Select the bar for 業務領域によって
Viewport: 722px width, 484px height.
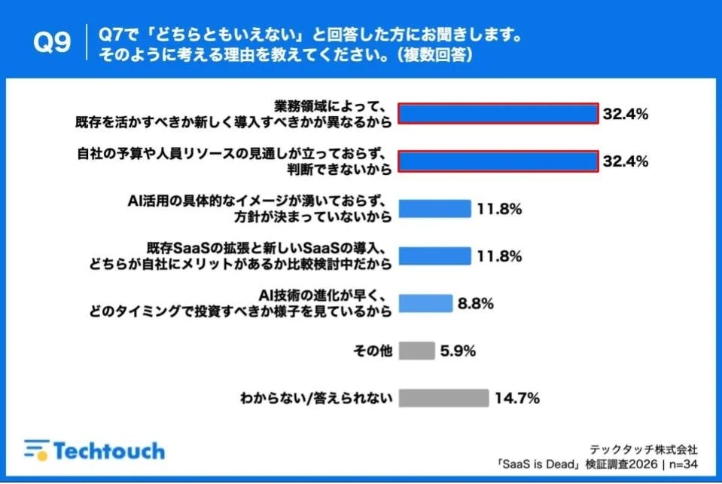pos(498,113)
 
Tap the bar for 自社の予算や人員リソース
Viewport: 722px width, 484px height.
pos(498,161)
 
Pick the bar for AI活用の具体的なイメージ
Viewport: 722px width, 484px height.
pos(434,209)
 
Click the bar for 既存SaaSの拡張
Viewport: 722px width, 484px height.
pos(434,256)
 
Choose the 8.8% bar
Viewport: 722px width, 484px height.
pos(425,304)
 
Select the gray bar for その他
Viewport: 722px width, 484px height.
pos(416,351)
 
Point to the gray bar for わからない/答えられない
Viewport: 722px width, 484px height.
pos(443,398)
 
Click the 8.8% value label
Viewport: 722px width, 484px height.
pos(474,304)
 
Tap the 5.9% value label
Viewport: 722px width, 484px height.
pos(458,351)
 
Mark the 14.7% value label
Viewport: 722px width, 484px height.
pos(516,398)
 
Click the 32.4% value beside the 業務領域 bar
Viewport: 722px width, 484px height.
pos(626,114)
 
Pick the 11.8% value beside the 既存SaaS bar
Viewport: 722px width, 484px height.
pos(498,256)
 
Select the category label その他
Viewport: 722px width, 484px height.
pos(373,351)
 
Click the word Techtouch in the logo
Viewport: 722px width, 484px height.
pos(108,451)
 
